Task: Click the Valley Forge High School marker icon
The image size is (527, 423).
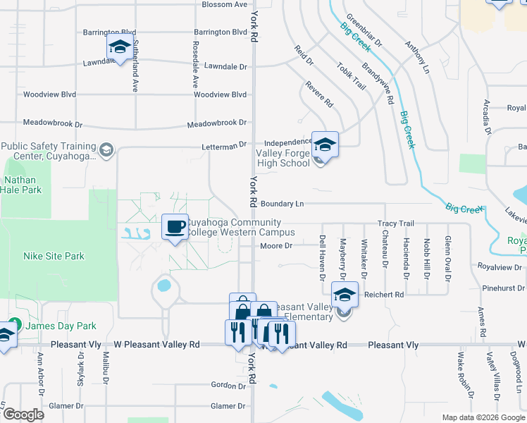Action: (325, 145)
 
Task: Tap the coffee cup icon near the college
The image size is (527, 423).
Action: (175, 227)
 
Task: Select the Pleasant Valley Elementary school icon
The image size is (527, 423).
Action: (345, 295)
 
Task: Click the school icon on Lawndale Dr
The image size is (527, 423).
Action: (120, 47)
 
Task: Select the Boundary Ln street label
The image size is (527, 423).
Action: (282, 204)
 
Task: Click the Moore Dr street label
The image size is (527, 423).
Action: (275, 245)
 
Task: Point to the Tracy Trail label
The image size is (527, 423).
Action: (396, 223)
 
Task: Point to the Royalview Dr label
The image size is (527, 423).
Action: (501, 267)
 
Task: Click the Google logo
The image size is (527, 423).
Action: (23, 415)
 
